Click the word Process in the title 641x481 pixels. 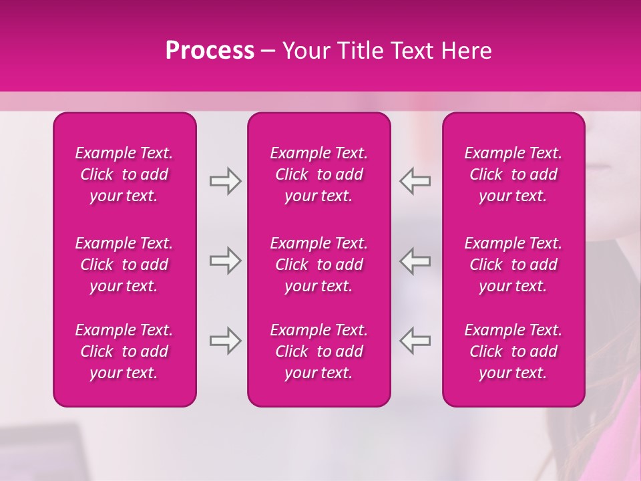pos(210,51)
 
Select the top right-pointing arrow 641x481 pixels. pos(225,180)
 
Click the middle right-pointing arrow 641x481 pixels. pos(225,261)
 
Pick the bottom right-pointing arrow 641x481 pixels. pos(225,341)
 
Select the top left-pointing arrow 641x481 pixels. pos(415,180)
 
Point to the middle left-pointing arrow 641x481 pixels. pos(415,261)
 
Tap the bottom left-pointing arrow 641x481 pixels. pos(415,341)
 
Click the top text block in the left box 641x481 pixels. pos(124,174)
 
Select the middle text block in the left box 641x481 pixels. pos(124,265)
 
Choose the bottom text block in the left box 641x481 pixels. pos(124,351)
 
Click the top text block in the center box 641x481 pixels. pos(318,174)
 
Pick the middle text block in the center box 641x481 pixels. pos(318,265)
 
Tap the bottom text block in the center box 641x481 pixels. pos(318,351)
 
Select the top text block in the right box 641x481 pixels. pos(513,174)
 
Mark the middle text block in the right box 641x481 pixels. pos(513,265)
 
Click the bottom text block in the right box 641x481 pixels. pos(513,351)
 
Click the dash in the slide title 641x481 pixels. pos(268,51)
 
